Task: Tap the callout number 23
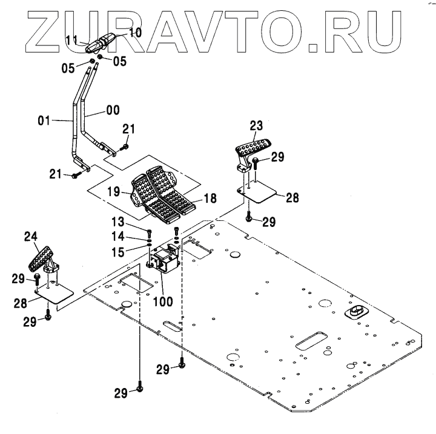256,127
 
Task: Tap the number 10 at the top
134,31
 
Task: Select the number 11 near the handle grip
71,40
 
